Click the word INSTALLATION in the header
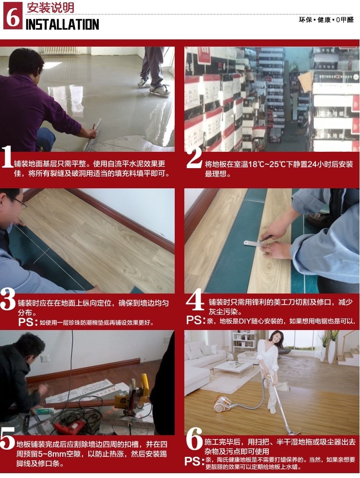pyautogui.click(x=62, y=25)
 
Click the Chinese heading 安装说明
pyautogui.click(x=50, y=8)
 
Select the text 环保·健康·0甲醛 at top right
pyautogui.click(x=326, y=20)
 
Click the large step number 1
pyautogui.click(x=7, y=157)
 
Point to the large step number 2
pyautogui.click(x=194, y=157)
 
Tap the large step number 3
pyautogui.click(x=8, y=299)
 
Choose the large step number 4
pyautogui.click(x=194, y=299)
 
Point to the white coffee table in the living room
pyautogui.click(x=233, y=368)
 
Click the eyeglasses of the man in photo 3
pyautogui.click(x=19, y=202)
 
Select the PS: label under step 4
pyautogui.click(x=194, y=320)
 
